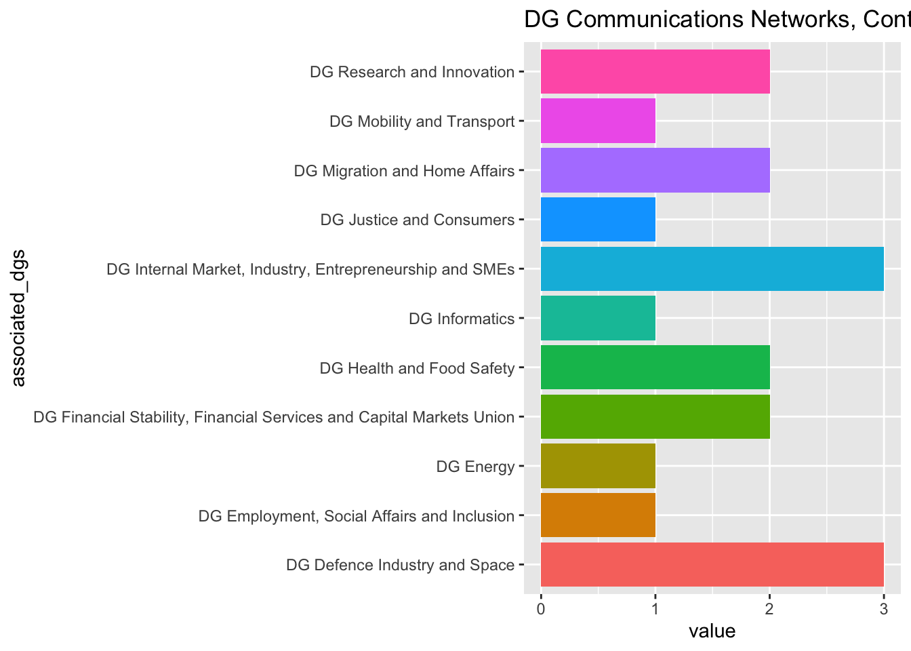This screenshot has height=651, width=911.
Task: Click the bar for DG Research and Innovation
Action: tap(655, 72)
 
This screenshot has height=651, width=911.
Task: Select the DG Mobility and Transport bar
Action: tap(598, 121)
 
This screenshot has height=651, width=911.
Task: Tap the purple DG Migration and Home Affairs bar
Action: tap(655, 170)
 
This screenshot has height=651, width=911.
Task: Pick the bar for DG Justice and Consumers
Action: tap(598, 220)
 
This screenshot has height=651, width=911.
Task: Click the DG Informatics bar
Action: tap(598, 318)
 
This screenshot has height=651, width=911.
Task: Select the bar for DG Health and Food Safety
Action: tap(655, 368)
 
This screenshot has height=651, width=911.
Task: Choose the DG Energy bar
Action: tap(598, 466)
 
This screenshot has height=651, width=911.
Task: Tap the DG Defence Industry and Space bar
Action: tap(712, 564)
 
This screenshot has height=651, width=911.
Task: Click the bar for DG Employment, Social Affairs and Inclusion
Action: tap(598, 515)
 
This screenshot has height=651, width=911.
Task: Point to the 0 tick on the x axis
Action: tap(541, 609)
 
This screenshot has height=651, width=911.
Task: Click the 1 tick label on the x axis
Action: tap(655, 609)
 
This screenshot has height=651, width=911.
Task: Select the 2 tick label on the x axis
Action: tap(769, 609)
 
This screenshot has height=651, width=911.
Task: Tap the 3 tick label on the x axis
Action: tap(883, 609)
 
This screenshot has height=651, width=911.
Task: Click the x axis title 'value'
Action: tap(712, 632)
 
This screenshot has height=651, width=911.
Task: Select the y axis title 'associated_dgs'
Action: tap(18, 318)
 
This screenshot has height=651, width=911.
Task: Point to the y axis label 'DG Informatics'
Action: tap(462, 319)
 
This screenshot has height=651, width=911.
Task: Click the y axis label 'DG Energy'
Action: tap(475, 467)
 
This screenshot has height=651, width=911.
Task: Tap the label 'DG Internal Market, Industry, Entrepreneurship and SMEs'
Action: tap(310, 270)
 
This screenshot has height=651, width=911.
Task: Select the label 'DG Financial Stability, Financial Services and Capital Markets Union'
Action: tap(274, 417)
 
